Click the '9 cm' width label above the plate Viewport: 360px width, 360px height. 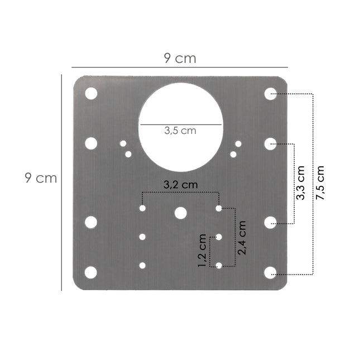180,58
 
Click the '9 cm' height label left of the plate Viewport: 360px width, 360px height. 41,178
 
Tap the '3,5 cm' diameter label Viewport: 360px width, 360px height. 180,131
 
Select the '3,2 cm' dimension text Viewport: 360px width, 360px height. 180,184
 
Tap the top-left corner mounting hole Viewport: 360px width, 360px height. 91,94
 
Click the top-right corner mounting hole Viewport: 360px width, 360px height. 271,94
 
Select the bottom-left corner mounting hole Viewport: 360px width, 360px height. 91,272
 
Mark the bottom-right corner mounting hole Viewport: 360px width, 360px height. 271,272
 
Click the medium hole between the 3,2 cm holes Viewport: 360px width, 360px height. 180,213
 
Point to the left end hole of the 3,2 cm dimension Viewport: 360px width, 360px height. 143,208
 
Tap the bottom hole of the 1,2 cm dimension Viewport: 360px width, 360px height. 219,266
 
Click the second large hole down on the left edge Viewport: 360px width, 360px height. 91,143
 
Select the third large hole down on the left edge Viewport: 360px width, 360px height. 91,223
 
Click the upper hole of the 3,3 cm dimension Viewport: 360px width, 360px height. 271,143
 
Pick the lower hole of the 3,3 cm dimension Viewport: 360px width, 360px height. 271,223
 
